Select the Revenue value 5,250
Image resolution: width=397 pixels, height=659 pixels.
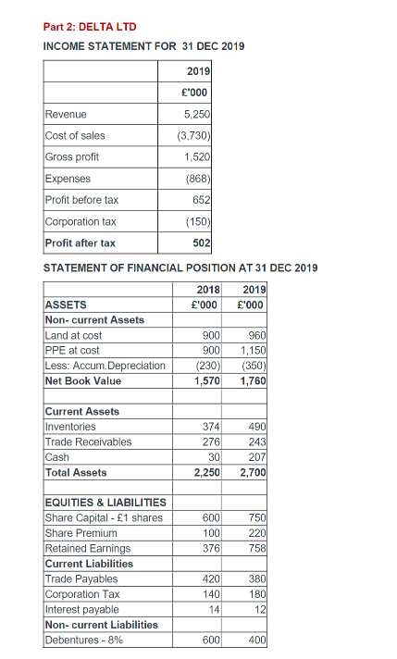point(196,114)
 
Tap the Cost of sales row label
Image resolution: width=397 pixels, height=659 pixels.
point(75,135)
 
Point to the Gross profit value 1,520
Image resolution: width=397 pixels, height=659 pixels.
point(196,157)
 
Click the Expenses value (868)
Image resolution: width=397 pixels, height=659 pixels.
point(198,179)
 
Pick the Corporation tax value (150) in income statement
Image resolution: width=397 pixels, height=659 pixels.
point(198,222)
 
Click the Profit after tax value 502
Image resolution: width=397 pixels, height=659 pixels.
point(202,243)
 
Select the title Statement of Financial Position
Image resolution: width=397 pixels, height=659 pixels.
point(180,268)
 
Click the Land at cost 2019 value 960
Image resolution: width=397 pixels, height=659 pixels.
point(252,335)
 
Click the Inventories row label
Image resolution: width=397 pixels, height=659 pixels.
point(70,427)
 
